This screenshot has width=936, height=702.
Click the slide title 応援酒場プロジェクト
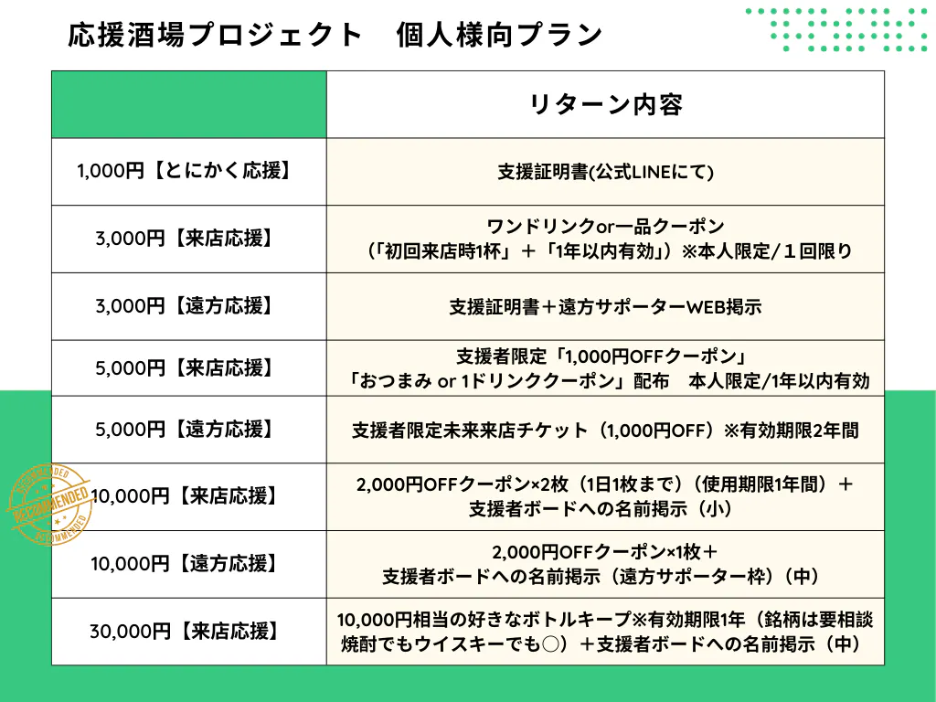coord(215,35)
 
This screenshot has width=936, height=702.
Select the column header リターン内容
coord(605,104)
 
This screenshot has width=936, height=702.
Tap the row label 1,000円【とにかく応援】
coord(184,171)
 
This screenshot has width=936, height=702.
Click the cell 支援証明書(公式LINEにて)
coord(605,173)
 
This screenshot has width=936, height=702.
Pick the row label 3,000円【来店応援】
coord(184,239)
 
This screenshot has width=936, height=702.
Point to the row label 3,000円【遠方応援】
coord(184,306)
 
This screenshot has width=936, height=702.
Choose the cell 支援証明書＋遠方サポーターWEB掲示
coord(605,307)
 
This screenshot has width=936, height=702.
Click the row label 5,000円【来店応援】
coord(184,368)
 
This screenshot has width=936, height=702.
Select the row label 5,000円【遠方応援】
coord(184,430)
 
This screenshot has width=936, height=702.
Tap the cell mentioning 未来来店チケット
coord(605,431)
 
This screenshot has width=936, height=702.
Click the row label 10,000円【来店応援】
coord(184,496)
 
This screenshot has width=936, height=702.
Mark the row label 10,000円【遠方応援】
coord(184,563)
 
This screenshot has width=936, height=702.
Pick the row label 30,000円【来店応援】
coord(184,631)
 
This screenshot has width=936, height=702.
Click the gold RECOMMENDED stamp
coord(51,504)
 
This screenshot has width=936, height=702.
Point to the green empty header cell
coord(189,104)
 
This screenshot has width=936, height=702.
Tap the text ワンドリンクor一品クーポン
coord(605,227)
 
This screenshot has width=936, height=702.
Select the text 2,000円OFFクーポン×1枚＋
coord(605,551)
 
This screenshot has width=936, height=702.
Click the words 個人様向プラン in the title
coord(499,35)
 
